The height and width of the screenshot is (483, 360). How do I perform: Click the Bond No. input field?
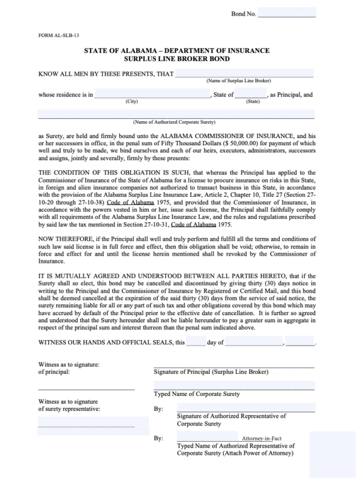click(287, 13)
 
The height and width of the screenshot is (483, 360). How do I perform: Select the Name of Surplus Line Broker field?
click(244, 74)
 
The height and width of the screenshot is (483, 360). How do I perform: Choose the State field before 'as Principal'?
click(250, 94)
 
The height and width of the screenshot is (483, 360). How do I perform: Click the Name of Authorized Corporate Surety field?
click(176, 114)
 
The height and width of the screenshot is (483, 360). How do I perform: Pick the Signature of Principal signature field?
click(234, 364)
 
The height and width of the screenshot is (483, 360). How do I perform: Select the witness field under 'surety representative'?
click(86, 430)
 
